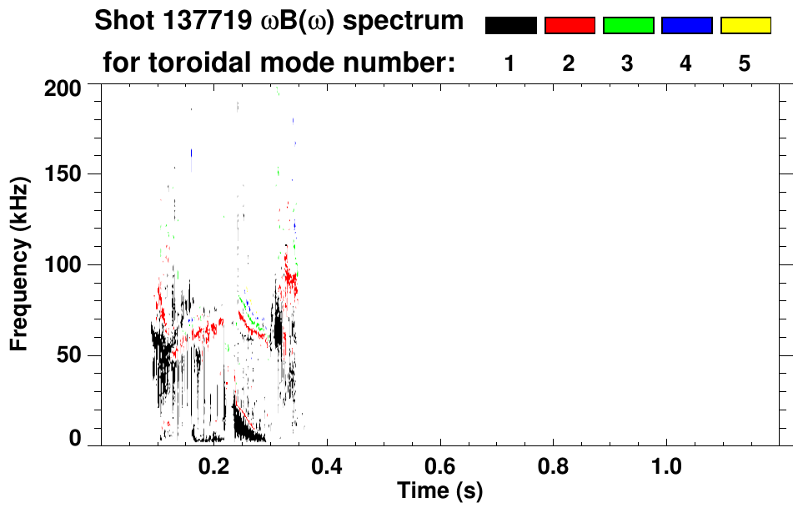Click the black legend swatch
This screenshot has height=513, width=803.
point(511,26)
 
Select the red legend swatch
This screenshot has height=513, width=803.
point(570,26)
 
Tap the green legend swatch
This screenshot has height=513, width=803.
point(628,26)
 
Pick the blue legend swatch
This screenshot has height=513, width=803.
point(686,26)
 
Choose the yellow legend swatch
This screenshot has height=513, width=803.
point(745,26)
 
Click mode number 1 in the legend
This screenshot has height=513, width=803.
point(509,63)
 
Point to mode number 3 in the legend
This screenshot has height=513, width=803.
point(627,63)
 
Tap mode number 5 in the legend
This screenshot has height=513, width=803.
point(744,63)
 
